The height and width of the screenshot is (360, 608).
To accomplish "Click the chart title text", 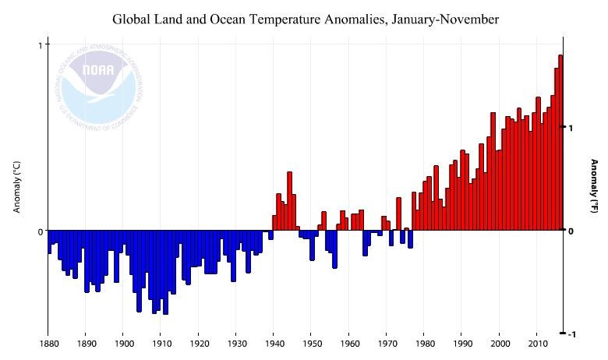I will pyautogui.click(x=306, y=18).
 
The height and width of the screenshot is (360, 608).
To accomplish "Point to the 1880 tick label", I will pyautogui.click(x=48, y=344).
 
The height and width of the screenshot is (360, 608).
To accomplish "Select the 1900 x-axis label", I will pyautogui.click(x=123, y=344).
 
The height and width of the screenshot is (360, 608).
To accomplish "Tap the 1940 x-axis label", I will pyautogui.click(x=274, y=344).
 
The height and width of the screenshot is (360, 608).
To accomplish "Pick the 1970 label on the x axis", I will pyautogui.click(x=387, y=344).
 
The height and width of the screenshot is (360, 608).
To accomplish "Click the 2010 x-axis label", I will pyautogui.click(x=537, y=344).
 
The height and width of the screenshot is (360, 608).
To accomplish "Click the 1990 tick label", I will pyautogui.click(x=461, y=344).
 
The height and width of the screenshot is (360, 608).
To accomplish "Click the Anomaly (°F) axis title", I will pyautogui.click(x=594, y=187).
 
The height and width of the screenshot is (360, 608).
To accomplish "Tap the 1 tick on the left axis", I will pyautogui.click(x=40, y=45).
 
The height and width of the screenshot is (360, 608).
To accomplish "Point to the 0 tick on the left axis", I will pyautogui.click(x=40, y=231).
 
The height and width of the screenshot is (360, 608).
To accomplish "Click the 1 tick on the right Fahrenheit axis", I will pyautogui.click(x=571, y=128).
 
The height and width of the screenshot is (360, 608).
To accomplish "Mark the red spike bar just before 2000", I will pyautogui.click(x=493, y=171).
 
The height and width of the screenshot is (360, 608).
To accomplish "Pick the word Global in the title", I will pyautogui.click(x=133, y=18).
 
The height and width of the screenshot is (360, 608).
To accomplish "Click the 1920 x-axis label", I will pyautogui.click(x=199, y=344).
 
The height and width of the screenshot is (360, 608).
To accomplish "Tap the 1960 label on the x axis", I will pyautogui.click(x=349, y=344).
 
